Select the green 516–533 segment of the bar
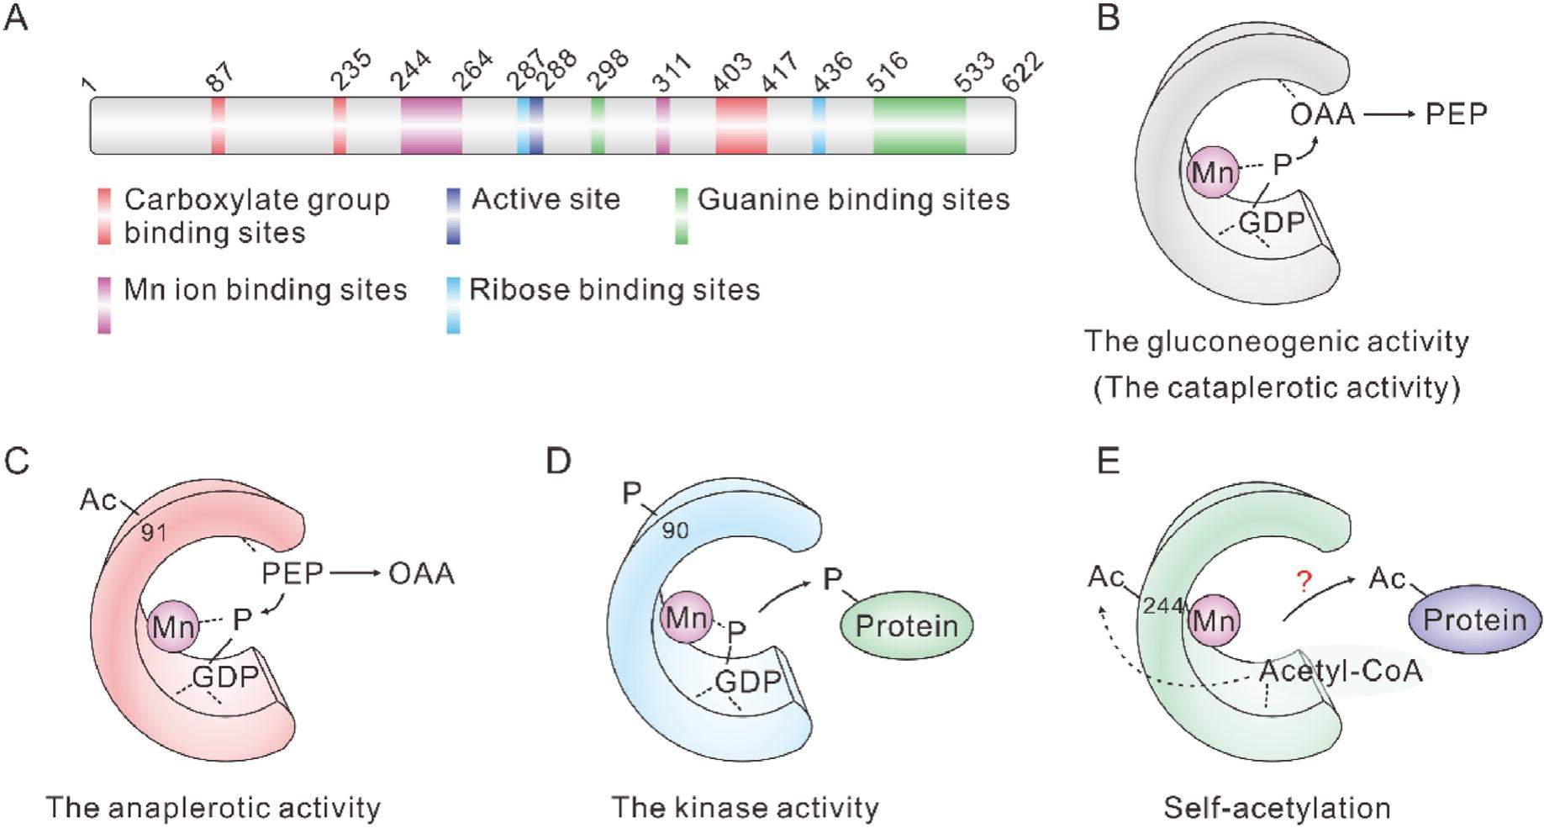(x=919, y=125)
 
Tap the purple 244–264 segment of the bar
(x=431, y=125)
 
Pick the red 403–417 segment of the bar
(x=740, y=125)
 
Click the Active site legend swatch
(x=454, y=216)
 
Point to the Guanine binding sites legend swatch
(x=682, y=216)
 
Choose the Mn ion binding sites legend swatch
(x=104, y=305)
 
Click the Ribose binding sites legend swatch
(x=454, y=305)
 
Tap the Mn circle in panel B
(x=1212, y=172)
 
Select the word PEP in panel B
(x=1457, y=113)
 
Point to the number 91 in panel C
(x=154, y=532)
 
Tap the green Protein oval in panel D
(x=907, y=626)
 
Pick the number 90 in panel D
(x=675, y=530)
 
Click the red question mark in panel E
(x=1304, y=581)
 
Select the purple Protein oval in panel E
(x=1474, y=620)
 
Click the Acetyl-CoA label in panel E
(x=1341, y=671)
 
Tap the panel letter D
(x=558, y=461)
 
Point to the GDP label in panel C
(x=225, y=677)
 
